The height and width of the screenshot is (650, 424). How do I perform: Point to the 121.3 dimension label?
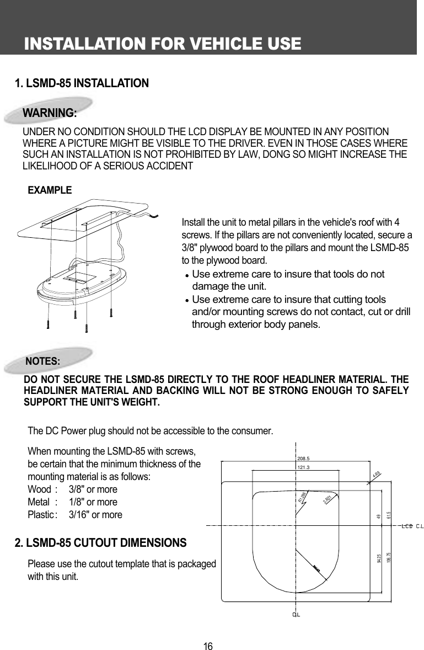[x=304, y=467]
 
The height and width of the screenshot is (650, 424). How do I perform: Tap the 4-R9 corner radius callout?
[x=376, y=474]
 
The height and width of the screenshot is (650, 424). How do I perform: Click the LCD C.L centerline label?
[x=412, y=525]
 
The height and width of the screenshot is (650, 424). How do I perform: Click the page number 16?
[x=208, y=646]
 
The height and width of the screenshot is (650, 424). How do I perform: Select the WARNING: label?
[x=50, y=113]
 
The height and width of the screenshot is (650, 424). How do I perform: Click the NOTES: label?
[x=44, y=361]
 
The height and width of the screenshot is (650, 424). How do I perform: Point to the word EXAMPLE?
[x=50, y=190]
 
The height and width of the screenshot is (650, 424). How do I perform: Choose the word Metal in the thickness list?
[x=39, y=502]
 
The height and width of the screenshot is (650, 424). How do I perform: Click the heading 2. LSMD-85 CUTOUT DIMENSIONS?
[x=100, y=543]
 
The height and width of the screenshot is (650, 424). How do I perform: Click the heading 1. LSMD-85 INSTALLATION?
[x=82, y=83]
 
